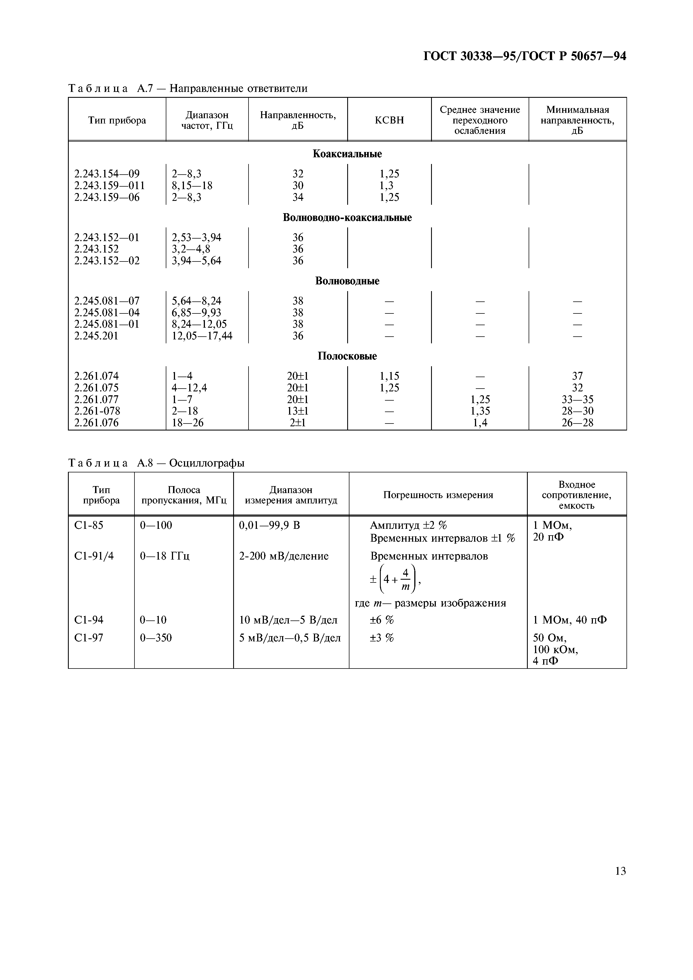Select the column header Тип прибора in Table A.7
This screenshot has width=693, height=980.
coord(117,120)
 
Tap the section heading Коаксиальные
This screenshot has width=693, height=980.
coord(347,154)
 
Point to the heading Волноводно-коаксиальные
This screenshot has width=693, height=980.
coord(347,218)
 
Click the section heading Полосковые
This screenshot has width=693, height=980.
coord(347,356)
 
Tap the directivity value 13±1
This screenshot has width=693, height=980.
coord(298,411)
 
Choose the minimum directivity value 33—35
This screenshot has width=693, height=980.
coord(577,399)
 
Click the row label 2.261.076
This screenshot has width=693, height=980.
coord(96,423)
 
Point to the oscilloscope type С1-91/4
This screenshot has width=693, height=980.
coord(94,556)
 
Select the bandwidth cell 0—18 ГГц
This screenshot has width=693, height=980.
coord(165,556)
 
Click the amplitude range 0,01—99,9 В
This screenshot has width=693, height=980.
coord(269,525)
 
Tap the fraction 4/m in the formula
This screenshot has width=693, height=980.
coord(406,579)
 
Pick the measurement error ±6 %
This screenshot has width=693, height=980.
coord(382,620)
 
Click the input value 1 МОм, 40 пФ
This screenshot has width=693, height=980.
coord(570,620)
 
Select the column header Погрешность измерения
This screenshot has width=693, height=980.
coord(438,495)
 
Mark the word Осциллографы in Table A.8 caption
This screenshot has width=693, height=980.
coord(207,463)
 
